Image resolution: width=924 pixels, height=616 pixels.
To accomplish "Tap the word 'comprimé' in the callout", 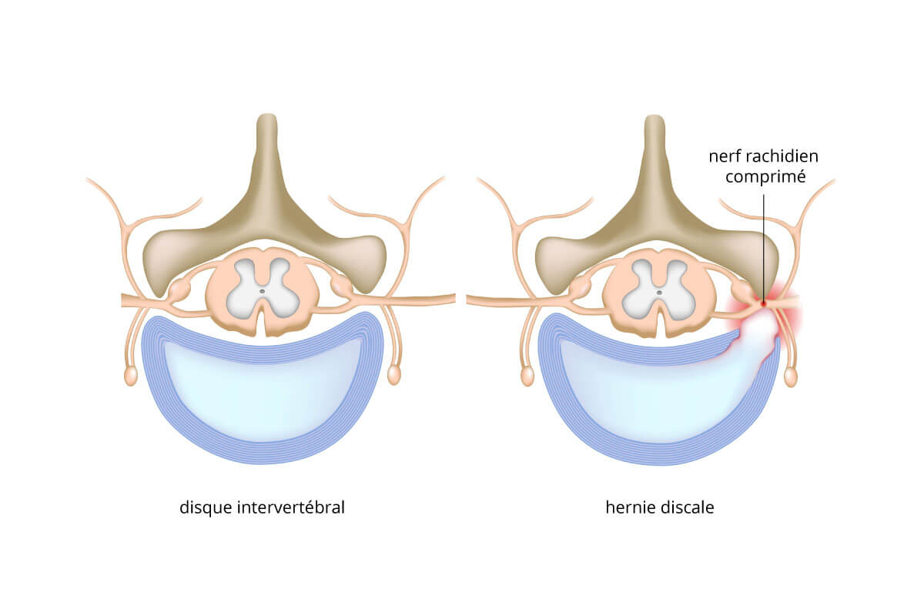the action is point(765,177).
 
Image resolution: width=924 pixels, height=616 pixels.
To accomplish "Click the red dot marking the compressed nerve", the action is point(764,303).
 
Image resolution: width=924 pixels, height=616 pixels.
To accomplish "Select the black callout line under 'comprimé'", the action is point(764,248).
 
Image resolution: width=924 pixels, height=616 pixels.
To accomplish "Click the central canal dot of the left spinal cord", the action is point(263,291).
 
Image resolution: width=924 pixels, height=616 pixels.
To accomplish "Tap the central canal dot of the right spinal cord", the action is point(660,292).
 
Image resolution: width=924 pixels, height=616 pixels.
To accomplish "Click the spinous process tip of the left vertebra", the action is point(267,116).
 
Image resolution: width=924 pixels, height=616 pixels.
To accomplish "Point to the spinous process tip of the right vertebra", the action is point(654,117).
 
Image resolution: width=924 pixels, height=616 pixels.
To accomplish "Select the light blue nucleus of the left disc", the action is point(263,392).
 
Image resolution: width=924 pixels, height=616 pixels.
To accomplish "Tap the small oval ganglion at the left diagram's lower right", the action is point(394,375).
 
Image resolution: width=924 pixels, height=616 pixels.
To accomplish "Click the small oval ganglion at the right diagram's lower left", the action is point(527,376).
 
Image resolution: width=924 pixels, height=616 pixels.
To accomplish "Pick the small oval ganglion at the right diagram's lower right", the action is point(790,377).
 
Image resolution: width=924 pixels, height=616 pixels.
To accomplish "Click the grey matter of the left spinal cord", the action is point(263,289).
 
